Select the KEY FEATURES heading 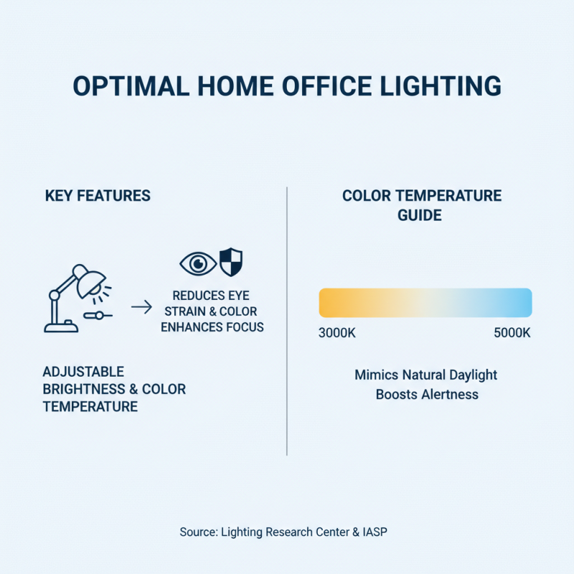coord(98,196)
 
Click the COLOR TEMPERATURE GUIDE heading coord(421,205)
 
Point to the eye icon coord(197,263)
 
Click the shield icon coord(230,262)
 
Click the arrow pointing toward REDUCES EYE coord(141,308)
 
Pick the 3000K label coord(337,334)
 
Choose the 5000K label coord(512,334)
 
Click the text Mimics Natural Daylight coord(425,375)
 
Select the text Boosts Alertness coord(426,395)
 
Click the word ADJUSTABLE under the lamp coord(83,372)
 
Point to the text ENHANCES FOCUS coord(212,327)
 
